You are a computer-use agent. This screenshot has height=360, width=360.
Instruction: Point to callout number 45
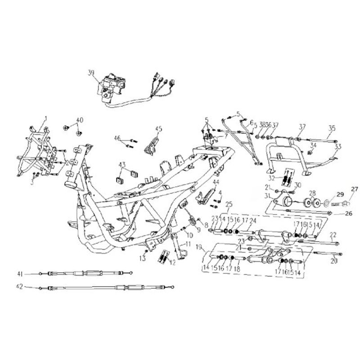[158, 129]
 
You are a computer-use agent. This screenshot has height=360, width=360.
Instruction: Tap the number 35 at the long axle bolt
[332, 128]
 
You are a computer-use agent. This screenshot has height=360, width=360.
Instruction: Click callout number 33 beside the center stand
[338, 146]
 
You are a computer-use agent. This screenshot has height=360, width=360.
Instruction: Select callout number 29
[340, 194]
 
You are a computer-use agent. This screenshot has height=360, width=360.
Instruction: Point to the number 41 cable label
[20, 274]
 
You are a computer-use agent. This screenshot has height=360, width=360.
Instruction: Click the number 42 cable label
[19, 286]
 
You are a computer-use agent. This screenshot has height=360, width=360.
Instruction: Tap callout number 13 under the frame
[143, 258]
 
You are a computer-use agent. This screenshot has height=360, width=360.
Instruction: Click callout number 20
[333, 260]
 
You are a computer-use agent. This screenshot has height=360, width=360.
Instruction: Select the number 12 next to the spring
[173, 262]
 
